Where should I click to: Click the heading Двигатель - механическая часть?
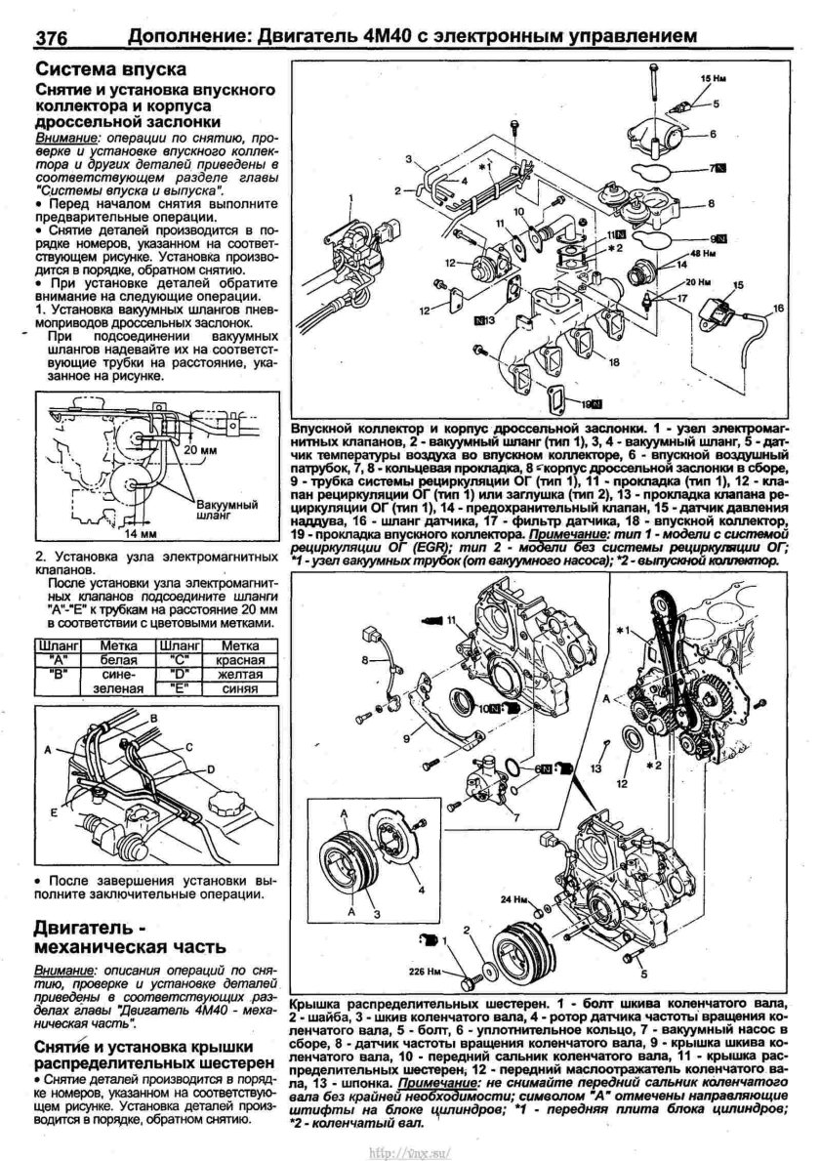tap(131, 935)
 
